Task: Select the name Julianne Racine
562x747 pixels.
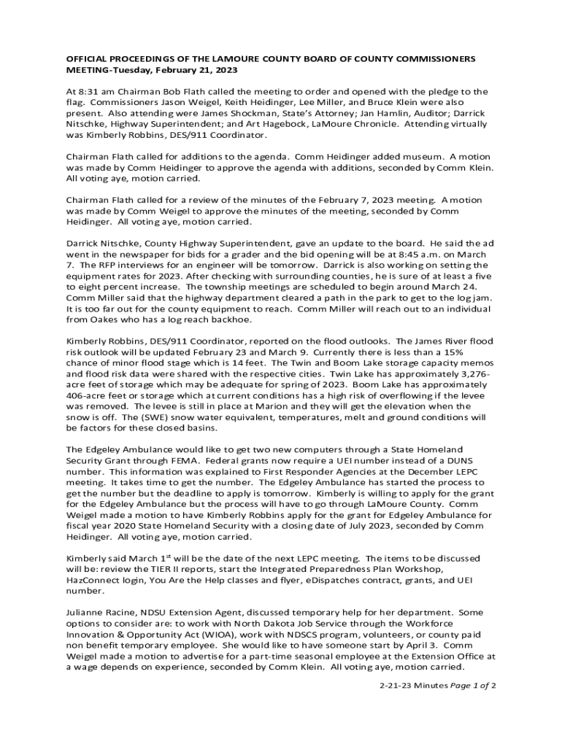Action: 101,614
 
